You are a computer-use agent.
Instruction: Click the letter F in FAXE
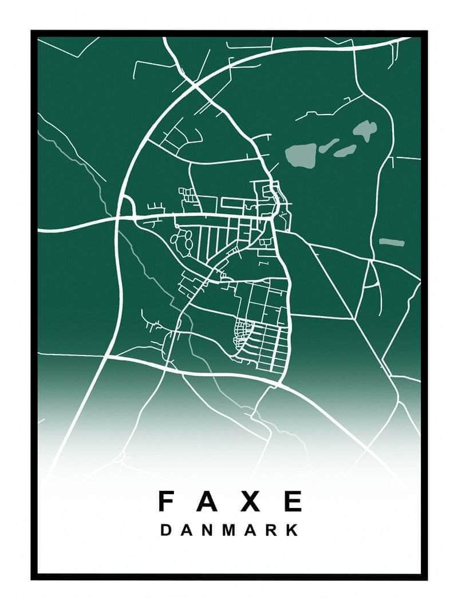[166, 501]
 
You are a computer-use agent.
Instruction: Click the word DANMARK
[230, 530]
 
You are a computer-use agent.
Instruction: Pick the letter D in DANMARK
[165, 530]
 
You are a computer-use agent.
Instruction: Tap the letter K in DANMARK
[293, 530]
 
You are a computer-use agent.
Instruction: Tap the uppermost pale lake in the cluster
[365, 130]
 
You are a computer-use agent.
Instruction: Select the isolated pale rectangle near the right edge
[392, 242]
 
